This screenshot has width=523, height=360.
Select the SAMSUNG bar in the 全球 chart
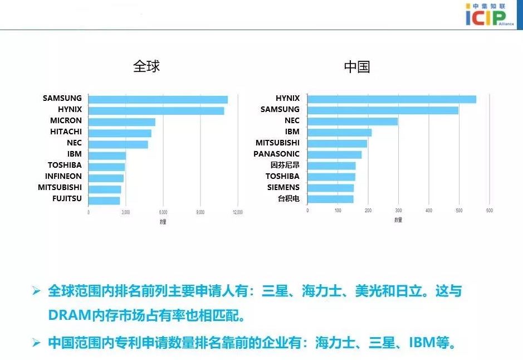click(158, 99)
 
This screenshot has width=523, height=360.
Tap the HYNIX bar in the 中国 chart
click(392, 99)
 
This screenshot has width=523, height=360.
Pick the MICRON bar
click(121, 121)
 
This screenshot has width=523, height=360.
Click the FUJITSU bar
click(104, 200)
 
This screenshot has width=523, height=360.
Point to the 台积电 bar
click(330, 199)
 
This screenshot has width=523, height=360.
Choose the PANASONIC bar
click(334, 154)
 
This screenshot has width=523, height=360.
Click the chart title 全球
click(146, 66)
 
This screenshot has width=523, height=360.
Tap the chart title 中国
click(357, 67)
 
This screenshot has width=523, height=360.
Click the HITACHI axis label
click(66, 132)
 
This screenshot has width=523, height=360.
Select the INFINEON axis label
click(63, 176)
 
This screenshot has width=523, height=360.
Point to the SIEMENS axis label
click(283, 187)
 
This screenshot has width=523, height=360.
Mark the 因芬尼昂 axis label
click(285, 165)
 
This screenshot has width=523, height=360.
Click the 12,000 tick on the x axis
click(237, 212)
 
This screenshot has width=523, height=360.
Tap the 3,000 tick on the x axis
click(126, 212)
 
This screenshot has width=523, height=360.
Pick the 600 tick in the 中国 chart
click(489, 211)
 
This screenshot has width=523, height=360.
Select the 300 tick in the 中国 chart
click(398, 211)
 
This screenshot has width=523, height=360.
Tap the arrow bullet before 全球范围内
click(37, 291)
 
